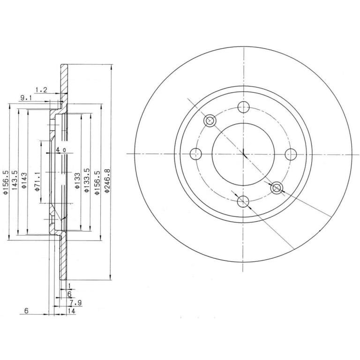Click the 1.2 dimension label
coord(42,90)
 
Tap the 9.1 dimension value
coord(26,98)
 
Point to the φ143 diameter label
coord(24,180)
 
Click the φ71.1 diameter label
coord(37,181)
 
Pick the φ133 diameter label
coord(77,181)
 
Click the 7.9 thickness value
coord(76,303)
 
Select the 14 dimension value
coord(72,311)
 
